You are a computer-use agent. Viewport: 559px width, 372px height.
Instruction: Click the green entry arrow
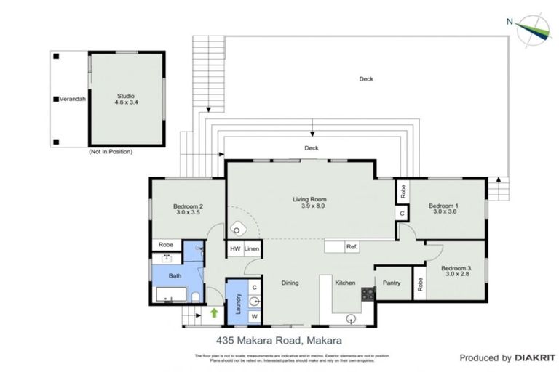pos(213,313)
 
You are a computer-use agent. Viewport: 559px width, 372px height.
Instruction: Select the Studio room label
pos(126,99)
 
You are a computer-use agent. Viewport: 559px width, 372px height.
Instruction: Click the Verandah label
pos(72,99)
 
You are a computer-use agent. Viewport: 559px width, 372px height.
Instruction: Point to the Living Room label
pos(309,202)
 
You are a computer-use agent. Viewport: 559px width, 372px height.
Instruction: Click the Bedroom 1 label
pos(445,208)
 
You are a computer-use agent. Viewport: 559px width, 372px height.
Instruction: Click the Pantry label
pos(392,283)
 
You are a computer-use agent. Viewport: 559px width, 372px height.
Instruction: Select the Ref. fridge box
pos(351,247)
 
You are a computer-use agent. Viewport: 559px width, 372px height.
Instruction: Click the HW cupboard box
pos(235,248)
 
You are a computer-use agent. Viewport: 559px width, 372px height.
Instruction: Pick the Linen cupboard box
pos(252,248)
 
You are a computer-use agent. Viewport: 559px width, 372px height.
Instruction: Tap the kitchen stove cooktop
pos(368,294)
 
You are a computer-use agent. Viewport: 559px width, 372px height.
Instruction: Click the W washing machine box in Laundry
pos(254,316)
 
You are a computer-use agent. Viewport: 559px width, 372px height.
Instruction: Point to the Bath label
pos(175,275)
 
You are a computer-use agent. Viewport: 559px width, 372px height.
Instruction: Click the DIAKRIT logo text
pos(536,357)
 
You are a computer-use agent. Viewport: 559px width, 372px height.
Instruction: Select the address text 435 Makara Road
pos(279,339)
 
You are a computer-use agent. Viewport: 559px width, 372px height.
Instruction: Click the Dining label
pos(290,283)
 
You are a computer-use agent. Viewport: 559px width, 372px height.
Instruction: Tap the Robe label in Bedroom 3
pos(419,285)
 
